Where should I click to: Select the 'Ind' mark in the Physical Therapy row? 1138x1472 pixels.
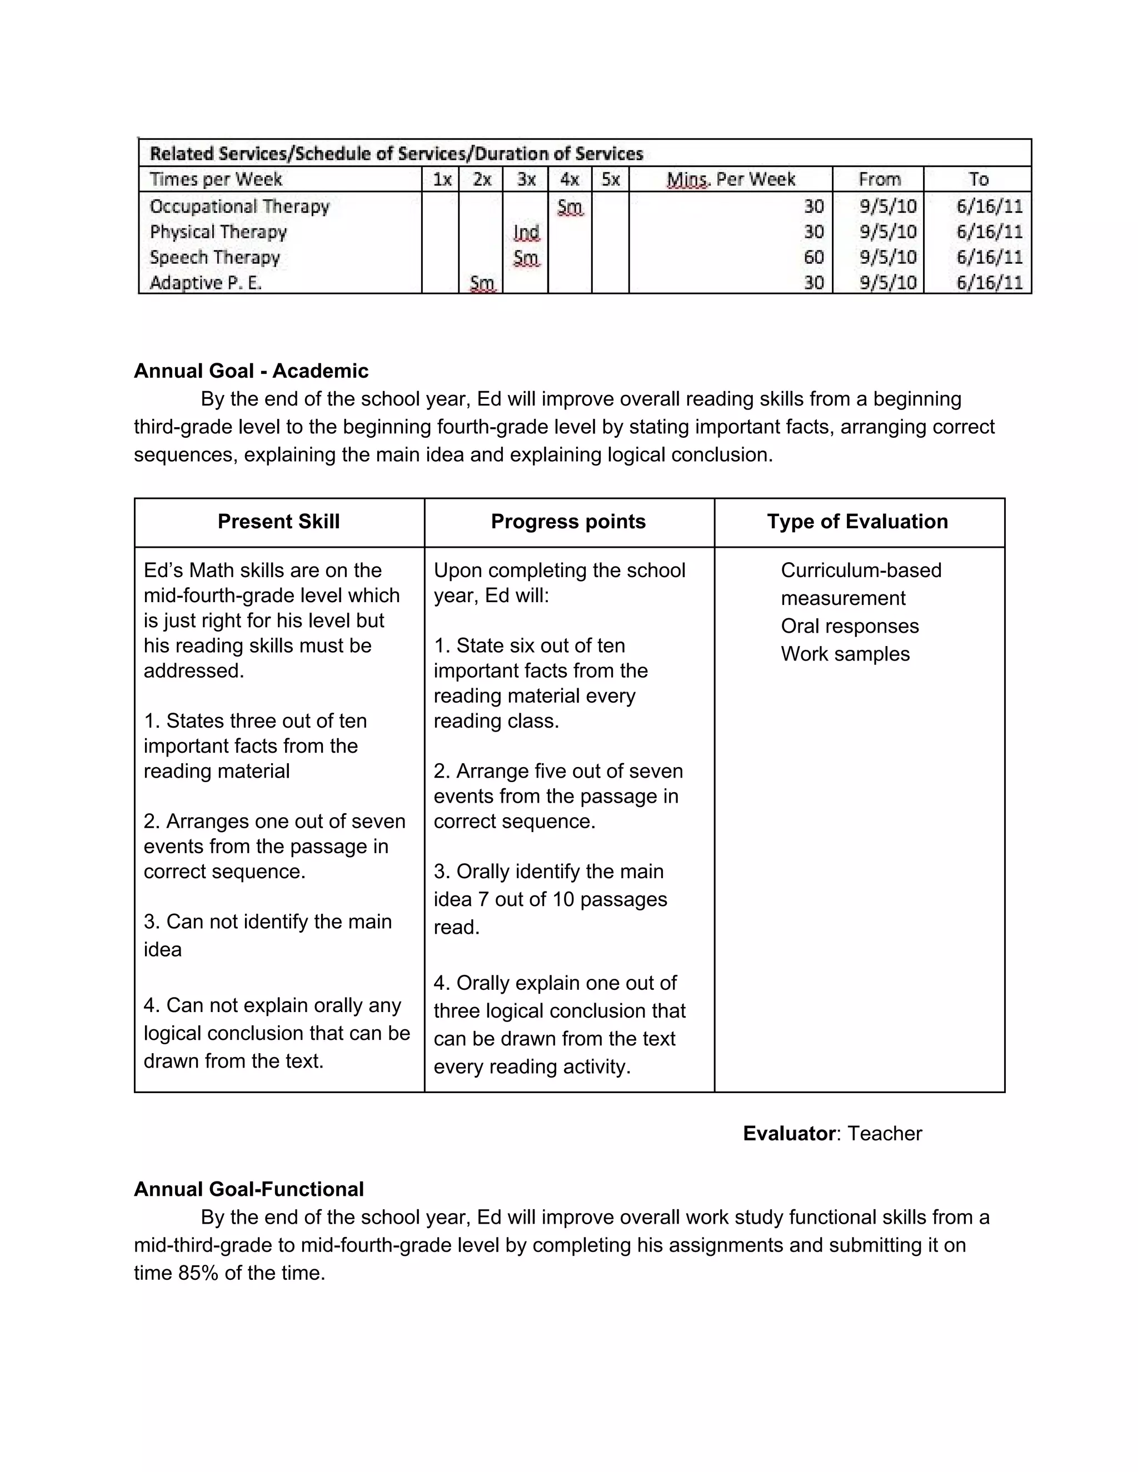526,233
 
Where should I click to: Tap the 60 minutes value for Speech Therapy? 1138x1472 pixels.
813,258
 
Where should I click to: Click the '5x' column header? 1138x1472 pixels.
610,179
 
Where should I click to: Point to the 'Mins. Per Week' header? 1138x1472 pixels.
730,179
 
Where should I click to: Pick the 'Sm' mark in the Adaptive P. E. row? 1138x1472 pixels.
481,283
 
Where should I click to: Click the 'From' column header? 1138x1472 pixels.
879,179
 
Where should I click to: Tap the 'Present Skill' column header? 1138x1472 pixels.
278,521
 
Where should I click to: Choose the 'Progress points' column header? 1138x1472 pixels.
568,521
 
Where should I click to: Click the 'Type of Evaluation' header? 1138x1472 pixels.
857,521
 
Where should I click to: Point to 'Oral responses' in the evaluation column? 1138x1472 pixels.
850,625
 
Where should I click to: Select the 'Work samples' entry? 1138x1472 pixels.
845,654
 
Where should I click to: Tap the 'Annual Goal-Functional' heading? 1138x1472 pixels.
249,1189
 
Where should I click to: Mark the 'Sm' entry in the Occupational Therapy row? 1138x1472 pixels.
570,207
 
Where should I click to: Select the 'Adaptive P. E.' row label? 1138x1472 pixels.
206,283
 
